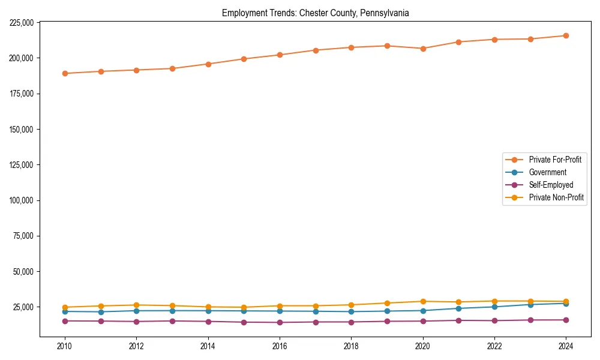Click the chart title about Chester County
315,13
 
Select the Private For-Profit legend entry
551,160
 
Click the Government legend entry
547,172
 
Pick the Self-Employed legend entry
551,185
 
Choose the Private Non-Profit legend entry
556,197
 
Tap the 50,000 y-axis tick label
23,271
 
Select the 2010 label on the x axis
65,346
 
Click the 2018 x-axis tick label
351,346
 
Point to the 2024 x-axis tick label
566,346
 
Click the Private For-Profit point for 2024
566,35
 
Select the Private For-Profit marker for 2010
65,73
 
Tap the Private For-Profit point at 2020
423,49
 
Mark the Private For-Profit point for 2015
244,59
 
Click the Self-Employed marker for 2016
280,322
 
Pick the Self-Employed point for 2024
566,320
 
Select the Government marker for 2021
458,308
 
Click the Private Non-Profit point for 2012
136,305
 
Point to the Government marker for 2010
65,311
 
